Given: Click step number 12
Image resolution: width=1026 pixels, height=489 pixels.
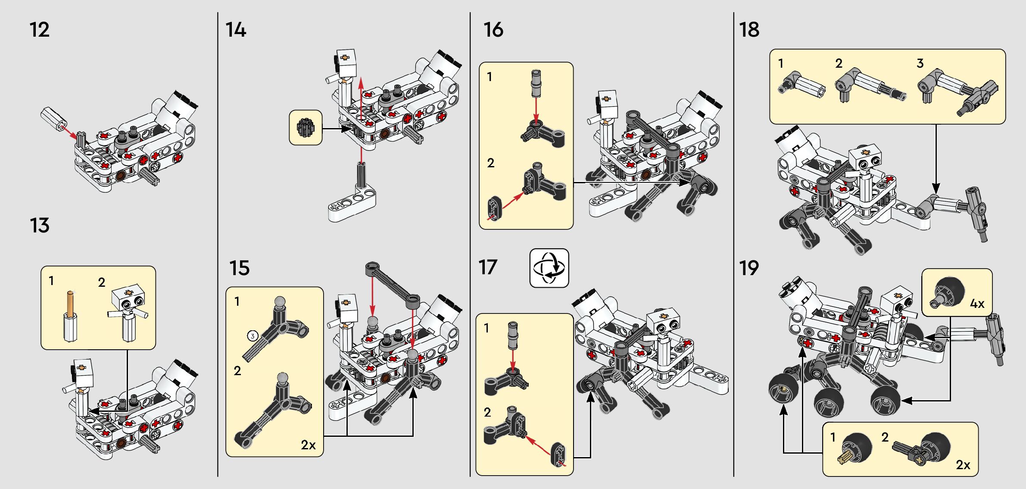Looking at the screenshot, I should point(39,30).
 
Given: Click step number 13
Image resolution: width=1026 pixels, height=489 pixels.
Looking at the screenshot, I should point(40,226).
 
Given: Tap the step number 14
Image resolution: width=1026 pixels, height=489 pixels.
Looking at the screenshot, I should point(236,30).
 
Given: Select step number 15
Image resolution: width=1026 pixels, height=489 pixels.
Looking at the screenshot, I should point(239,268).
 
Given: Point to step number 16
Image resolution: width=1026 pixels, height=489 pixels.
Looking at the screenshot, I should point(493,30).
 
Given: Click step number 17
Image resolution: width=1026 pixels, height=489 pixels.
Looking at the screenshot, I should point(488,267).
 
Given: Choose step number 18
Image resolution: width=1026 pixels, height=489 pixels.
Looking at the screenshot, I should point(749,30).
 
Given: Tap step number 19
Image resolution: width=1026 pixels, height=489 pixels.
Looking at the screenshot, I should point(749,268).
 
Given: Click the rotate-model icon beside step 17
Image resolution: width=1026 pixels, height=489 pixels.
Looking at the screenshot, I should point(549,268).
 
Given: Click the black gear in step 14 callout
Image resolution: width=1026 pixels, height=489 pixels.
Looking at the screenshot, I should point(306,128).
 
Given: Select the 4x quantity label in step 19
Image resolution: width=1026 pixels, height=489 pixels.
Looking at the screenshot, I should point(977,304).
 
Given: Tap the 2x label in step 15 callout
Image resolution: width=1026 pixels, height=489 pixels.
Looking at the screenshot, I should point(308,445).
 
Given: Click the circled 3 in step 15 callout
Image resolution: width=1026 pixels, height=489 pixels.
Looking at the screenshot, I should point(253,335).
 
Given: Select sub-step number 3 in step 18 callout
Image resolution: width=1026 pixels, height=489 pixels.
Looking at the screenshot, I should point(920,63).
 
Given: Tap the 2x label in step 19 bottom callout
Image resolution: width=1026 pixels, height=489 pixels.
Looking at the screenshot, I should point(963,465).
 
